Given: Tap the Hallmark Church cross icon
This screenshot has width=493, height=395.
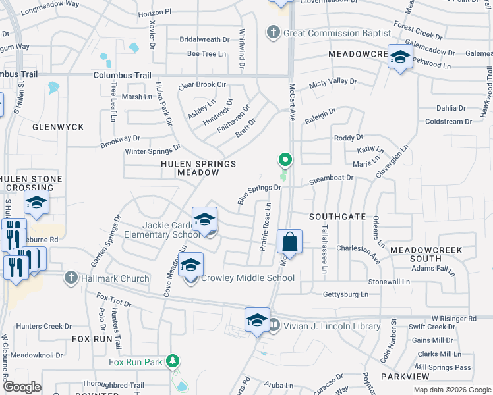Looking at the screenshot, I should click(x=71, y=278).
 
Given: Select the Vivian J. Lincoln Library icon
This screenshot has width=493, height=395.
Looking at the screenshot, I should click(x=274, y=326).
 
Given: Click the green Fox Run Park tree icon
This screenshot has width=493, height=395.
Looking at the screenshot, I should click(x=173, y=361).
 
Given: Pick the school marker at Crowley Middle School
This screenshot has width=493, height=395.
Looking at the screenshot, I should click(x=191, y=265).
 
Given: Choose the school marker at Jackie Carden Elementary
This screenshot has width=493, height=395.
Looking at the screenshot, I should click(x=204, y=219).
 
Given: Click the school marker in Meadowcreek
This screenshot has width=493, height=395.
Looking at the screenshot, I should click(x=399, y=56).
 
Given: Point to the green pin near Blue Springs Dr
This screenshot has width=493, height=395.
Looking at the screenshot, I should click(x=285, y=160).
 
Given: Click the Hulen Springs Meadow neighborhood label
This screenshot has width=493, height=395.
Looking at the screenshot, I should click(x=198, y=168).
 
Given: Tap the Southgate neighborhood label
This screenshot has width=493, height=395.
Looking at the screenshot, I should click(x=337, y=216).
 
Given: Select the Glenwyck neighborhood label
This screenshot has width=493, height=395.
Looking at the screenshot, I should click(x=58, y=126).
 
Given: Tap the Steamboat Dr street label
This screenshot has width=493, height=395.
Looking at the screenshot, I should click(x=332, y=178).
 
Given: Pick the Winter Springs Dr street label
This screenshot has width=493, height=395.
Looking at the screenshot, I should click(x=153, y=151).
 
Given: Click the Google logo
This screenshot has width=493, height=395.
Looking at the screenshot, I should click(x=22, y=388).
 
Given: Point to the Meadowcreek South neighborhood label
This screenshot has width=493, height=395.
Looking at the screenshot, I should click(x=425, y=255).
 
